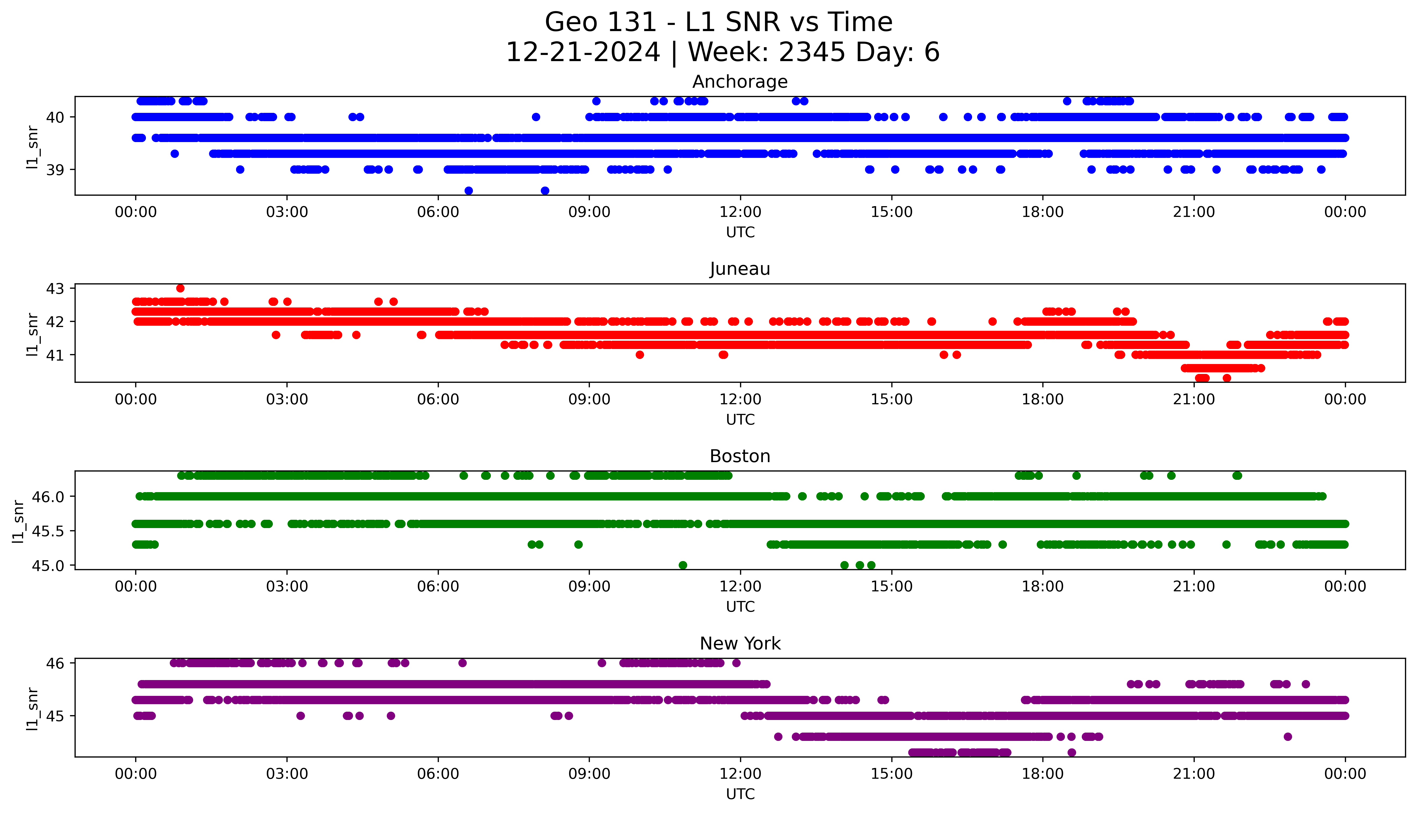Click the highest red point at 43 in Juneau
coord(180,288)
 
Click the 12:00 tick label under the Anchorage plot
coord(740,212)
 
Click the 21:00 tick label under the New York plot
coord(1194,774)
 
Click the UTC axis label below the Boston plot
coord(740,606)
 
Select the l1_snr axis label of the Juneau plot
coord(32,334)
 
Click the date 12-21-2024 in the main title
coord(583,53)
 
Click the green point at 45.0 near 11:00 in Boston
coord(683,565)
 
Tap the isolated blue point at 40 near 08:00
coord(536,117)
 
